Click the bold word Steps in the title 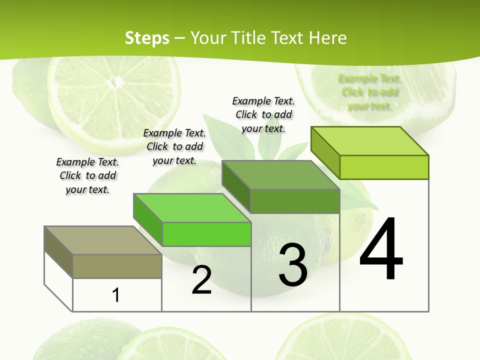pos(147,38)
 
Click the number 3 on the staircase pos(293,265)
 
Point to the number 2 pos(201,280)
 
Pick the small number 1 pos(116,295)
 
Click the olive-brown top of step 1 pos(103,240)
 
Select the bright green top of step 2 pos(192,207)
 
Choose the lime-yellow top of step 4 pos(370,141)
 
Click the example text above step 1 pos(87,175)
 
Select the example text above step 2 pos(174,146)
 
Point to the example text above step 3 pos(263,114)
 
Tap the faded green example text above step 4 pos(369,92)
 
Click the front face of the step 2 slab pos(206,234)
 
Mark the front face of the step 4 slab pos(384,167)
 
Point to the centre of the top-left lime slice pos(116,80)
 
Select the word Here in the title pos(328,38)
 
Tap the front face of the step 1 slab pos(117,266)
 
